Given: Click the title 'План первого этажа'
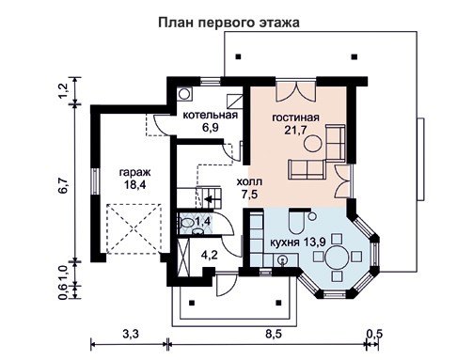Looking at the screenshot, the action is tap(228, 23).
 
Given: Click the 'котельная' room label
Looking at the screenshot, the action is tap(211, 115).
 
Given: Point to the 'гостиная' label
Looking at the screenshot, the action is tap(295, 117).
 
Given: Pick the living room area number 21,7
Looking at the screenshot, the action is tap(295, 130).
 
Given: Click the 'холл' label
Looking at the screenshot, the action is tap(249, 181).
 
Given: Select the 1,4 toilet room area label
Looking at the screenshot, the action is tap(204, 222).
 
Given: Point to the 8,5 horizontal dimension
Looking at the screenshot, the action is tap(274, 334).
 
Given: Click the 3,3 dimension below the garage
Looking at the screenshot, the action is tap(131, 334).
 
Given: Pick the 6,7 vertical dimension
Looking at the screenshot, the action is tap(63, 185).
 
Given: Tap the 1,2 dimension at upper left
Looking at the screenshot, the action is tap(63, 90).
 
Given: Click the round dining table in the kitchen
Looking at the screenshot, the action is tap(337, 257).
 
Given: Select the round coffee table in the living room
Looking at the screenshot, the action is tap(312, 143).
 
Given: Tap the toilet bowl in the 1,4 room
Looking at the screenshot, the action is tap(187, 223).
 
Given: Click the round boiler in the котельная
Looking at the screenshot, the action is tap(184, 93).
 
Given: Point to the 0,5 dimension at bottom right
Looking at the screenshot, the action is tap(375, 334).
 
